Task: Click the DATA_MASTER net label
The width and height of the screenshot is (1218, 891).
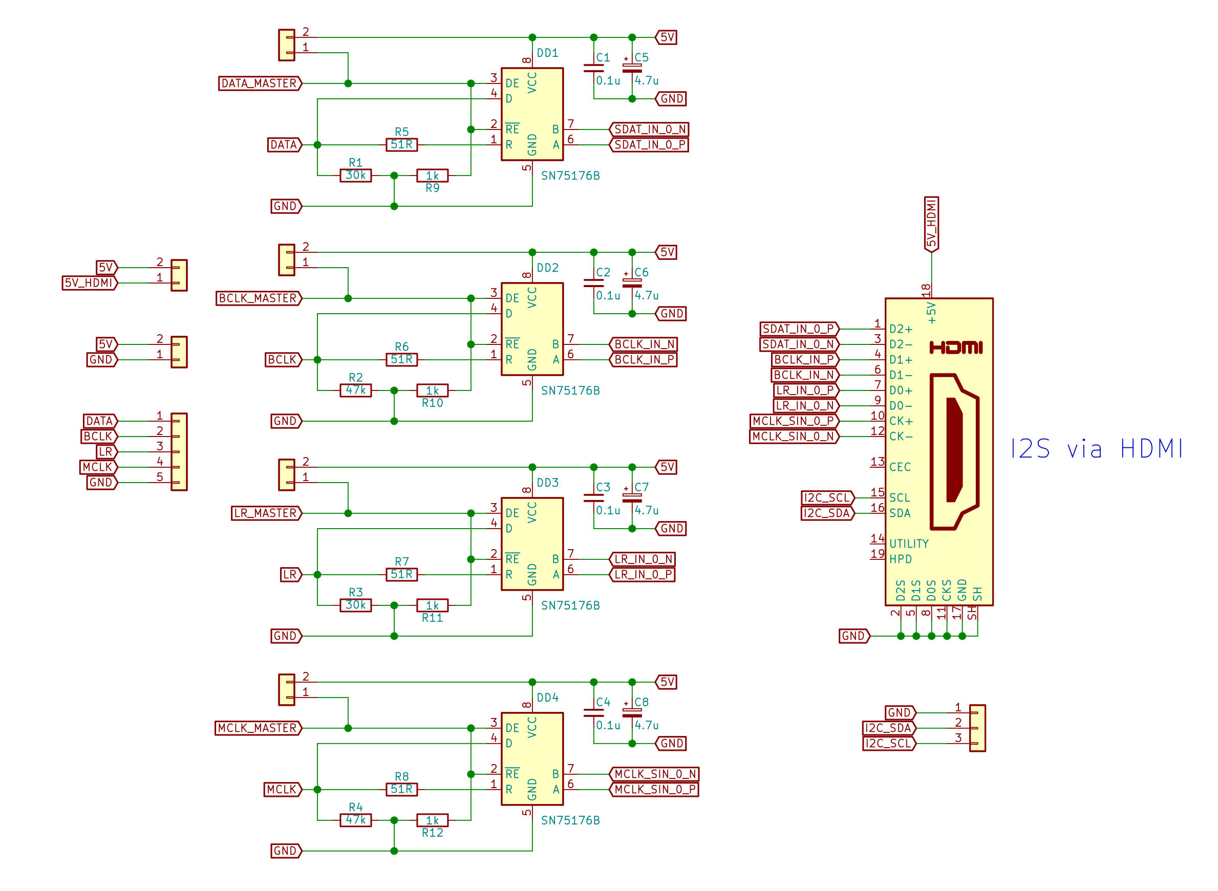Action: (260, 83)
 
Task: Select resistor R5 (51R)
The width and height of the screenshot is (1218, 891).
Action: (401, 144)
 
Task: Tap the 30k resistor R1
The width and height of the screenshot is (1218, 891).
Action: (355, 176)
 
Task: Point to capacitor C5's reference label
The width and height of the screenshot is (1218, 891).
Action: (642, 58)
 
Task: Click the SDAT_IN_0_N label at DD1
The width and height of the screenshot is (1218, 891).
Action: (649, 129)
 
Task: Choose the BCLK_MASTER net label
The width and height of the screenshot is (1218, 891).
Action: (259, 298)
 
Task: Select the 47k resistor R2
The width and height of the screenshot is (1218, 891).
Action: (355, 390)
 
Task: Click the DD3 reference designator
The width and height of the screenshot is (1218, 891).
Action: (547, 483)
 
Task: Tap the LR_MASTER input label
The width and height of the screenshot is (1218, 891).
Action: (266, 513)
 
